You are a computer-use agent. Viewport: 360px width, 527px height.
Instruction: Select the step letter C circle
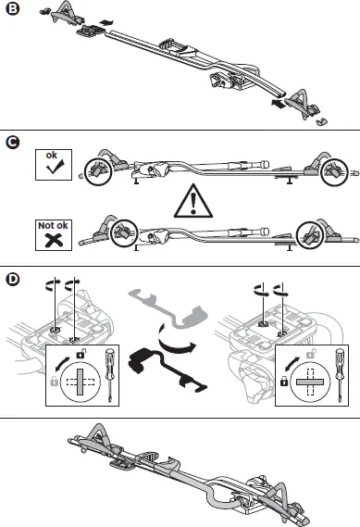point(12,143)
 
